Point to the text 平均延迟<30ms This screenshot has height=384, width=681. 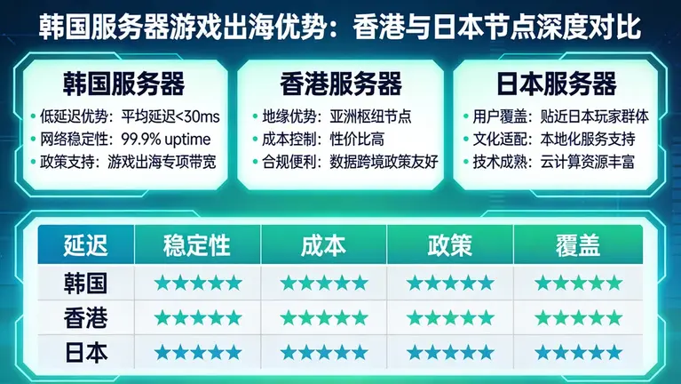coord(170,116)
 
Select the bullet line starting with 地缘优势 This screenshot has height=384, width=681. coord(337,116)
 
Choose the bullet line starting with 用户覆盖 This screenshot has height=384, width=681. coord(556,116)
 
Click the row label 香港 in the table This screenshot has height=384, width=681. coord(85,316)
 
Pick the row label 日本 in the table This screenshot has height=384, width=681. coord(85,350)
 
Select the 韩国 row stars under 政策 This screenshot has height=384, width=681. coord(450,284)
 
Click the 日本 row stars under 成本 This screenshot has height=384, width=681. coord(323,351)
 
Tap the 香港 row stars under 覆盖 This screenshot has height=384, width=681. coord(577,317)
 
